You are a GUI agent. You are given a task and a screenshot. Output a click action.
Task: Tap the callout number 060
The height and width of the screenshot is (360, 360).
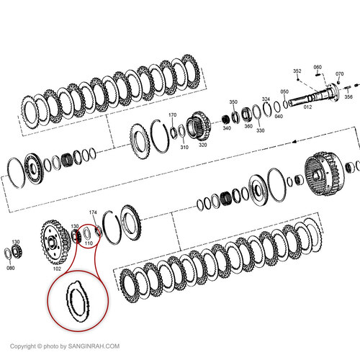pos(318,68)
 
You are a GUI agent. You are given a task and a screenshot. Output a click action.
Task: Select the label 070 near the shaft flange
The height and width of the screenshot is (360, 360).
pos(340,73)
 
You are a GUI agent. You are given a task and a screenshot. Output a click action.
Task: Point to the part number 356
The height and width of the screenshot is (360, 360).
pos(348,96)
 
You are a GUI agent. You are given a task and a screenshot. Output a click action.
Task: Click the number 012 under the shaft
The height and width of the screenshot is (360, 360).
pos(307,107)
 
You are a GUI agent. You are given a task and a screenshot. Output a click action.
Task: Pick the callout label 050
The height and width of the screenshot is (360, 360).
pos(284,91)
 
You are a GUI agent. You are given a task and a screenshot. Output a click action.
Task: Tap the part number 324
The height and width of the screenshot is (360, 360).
pos(266,99)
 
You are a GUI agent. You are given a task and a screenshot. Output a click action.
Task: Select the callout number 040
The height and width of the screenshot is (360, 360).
pos(279,116)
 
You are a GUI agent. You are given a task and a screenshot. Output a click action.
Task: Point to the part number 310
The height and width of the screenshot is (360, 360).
pos(184,147)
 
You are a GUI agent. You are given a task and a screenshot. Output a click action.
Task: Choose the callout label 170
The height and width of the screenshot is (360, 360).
pos(172,114)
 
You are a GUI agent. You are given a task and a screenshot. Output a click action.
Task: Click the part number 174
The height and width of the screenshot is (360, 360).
pos(92,212)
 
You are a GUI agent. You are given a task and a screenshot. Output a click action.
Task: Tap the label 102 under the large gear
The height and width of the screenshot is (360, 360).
pos(57,269)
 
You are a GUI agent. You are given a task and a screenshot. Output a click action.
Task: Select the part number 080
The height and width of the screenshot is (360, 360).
pos(10,268)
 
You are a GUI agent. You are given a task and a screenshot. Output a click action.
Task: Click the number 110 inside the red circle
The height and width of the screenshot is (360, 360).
pos(89,243)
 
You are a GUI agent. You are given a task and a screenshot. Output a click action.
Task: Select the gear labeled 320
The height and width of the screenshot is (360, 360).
pos(199,126)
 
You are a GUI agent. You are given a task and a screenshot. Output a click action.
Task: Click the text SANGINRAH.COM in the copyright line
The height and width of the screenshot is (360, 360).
pos(91,347)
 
